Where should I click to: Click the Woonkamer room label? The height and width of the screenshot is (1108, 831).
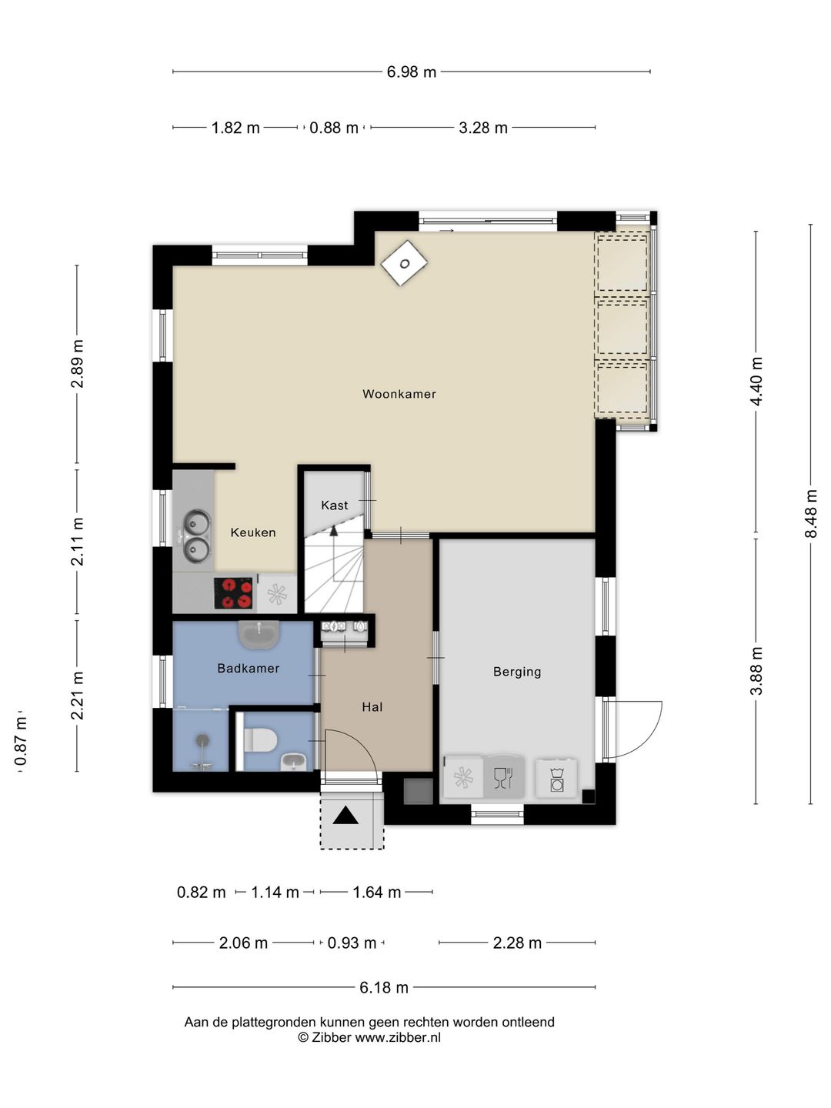(399, 394)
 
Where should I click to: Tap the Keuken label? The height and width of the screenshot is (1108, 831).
(253, 532)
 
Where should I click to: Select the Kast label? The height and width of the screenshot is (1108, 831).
(335, 506)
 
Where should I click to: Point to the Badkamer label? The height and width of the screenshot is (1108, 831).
(249, 669)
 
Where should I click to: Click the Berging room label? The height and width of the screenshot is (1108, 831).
(517, 672)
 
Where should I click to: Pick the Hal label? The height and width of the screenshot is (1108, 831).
(372, 707)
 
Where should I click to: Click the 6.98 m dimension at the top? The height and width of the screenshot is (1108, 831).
(411, 72)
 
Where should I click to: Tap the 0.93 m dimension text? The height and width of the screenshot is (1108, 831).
(352, 943)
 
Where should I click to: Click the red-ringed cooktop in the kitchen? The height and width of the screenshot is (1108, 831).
(233, 593)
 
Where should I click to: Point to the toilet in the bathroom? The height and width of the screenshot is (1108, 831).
(260, 740)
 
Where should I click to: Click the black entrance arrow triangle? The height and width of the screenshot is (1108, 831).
(346, 815)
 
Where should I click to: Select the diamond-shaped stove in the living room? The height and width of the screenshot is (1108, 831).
(404, 263)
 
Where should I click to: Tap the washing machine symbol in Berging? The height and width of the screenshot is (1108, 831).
(557, 779)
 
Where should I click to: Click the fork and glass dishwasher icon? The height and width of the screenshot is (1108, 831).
(503, 777)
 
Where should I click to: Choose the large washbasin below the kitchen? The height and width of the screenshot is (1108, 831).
(259, 635)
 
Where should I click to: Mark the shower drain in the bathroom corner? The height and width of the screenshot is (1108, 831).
(202, 740)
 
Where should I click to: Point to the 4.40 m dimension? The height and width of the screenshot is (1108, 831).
(756, 382)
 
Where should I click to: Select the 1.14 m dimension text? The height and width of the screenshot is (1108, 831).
(275, 893)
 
